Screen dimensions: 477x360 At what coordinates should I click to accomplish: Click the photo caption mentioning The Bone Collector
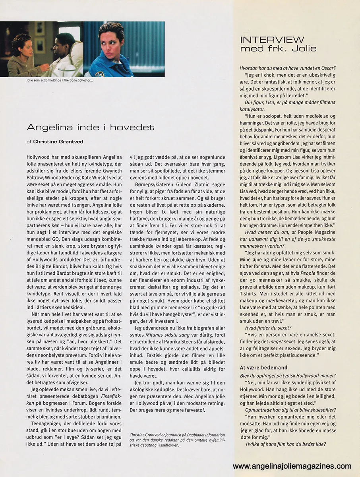click(58, 81)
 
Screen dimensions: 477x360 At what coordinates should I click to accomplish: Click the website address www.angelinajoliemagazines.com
click(292, 466)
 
